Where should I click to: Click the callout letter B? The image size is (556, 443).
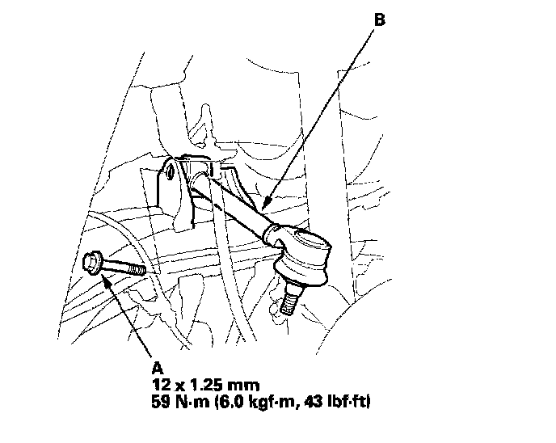tap(380, 19)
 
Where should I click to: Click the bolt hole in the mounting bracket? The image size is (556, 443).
tap(171, 171)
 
